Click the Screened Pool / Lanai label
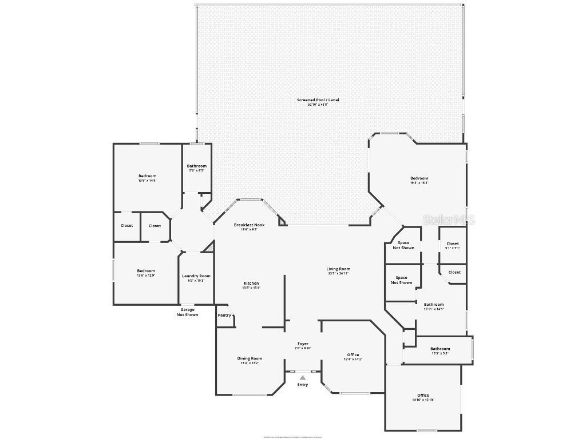(318, 100)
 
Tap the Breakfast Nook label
(249, 225)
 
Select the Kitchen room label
(251, 284)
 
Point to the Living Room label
(338, 269)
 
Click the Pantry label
(224, 316)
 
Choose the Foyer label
(303, 344)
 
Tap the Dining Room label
(250, 358)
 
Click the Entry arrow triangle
(302, 377)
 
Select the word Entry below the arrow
(303, 385)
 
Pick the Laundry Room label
(196, 276)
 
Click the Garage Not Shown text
(187, 312)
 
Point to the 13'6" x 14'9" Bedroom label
(147, 176)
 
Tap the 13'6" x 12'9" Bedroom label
(146, 271)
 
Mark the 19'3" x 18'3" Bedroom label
(419, 178)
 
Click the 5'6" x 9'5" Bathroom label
(196, 166)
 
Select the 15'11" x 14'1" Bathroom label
(434, 305)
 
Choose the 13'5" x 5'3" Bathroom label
(440, 349)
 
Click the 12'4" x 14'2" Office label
(353, 355)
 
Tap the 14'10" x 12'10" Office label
(423, 396)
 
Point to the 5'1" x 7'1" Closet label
(452, 244)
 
